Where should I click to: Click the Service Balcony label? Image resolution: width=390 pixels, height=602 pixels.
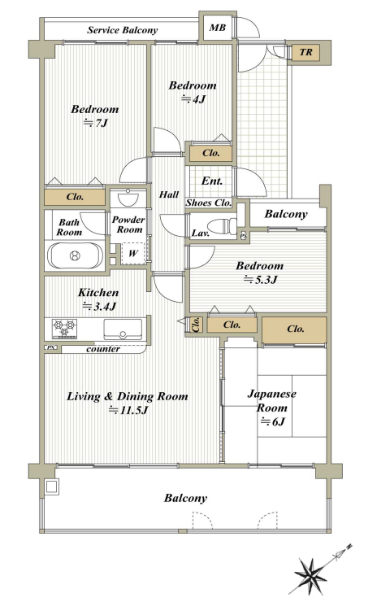click(122, 30)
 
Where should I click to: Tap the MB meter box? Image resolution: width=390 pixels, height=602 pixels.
click(218, 28)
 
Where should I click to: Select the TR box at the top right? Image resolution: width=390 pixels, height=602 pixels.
click(305, 52)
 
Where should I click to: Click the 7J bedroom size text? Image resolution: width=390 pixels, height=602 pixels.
click(95, 123)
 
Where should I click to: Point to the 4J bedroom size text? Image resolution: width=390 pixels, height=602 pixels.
click(193, 99)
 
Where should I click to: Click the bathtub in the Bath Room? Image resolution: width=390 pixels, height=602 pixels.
click(76, 255)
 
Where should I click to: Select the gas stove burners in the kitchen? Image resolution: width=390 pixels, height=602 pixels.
click(64, 329)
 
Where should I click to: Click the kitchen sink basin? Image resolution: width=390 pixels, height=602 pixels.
click(123, 329)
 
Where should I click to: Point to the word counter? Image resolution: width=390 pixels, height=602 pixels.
click(103, 349)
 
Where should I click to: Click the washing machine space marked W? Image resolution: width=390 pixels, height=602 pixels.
click(133, 253)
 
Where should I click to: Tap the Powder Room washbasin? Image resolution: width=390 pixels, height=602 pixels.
click(128, 198)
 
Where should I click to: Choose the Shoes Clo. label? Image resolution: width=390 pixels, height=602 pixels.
click(209, 203)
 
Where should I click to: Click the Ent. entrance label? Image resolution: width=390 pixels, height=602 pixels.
click(212, 181)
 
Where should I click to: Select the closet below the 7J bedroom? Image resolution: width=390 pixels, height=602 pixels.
click(76, 197)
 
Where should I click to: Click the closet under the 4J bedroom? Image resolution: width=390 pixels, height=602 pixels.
click(211, 153)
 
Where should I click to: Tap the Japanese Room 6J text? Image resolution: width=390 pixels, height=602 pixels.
click(272, 408)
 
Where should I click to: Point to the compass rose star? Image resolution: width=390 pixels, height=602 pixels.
click(310, 574)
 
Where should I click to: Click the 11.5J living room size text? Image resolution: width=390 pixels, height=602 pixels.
click(128, 410)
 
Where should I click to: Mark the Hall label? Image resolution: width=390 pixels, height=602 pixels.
click(169, 194)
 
